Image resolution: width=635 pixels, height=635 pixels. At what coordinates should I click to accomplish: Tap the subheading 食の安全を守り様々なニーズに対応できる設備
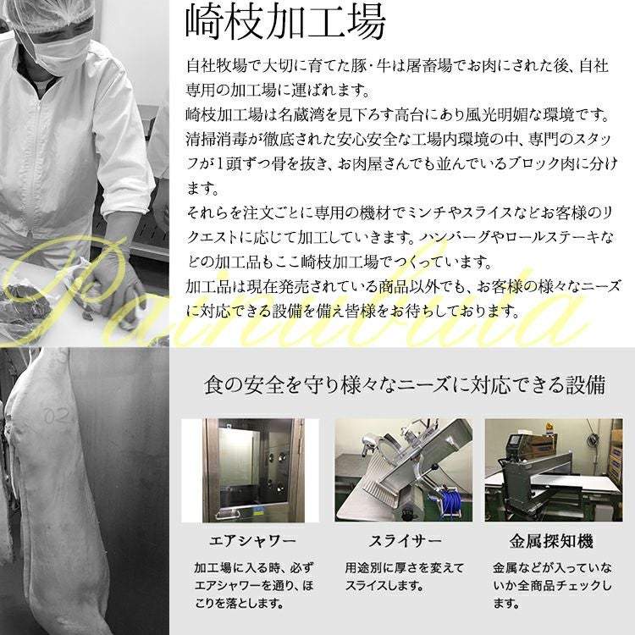point(405,384)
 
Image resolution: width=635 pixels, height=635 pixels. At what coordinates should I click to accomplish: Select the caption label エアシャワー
point(252,541)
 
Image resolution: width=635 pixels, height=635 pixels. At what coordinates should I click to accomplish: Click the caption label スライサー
point(404,541)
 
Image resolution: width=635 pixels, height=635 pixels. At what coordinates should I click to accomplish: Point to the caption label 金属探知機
point(551,541)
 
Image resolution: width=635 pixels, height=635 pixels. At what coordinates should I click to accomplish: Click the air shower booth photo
point(251,470)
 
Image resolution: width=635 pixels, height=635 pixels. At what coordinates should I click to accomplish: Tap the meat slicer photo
point(403,470)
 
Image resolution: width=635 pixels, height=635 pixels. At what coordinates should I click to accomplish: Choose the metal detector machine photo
point(554,470)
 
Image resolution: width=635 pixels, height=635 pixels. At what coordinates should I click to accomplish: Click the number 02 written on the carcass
point(57,415)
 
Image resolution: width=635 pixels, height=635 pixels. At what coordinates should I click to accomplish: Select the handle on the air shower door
point(227,515)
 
